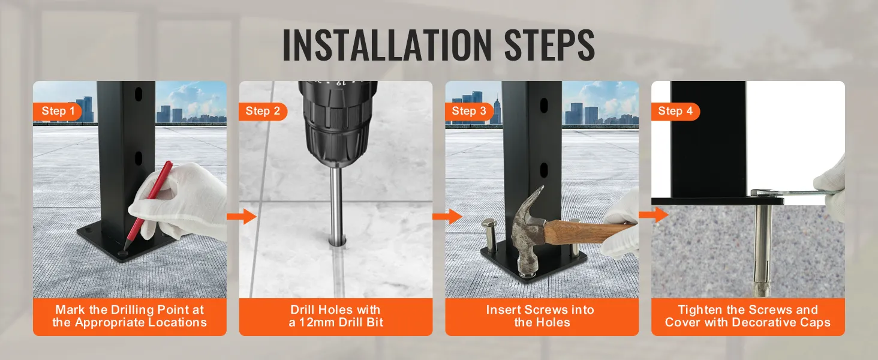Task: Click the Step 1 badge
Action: [58, 111]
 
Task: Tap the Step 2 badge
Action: [263, 111]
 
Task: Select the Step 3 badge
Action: [469, 111]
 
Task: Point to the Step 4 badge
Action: [675, 111]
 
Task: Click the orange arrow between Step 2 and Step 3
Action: [447, 217]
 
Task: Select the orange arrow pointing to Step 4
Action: [653, 214]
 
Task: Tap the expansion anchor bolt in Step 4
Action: [762, 252]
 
